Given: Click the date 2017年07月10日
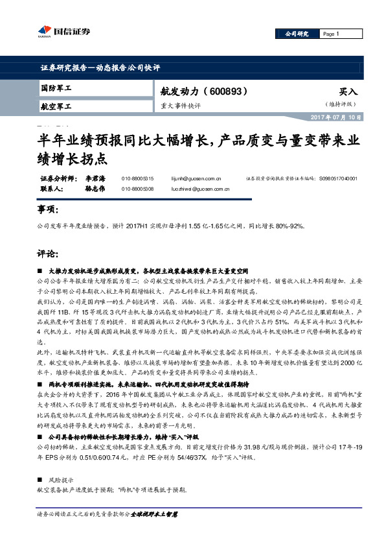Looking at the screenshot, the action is point(332,117).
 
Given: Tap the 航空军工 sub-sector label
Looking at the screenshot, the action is point(56,106).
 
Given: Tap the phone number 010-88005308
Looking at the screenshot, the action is point(137,188).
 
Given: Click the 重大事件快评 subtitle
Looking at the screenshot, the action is point(181,105).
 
